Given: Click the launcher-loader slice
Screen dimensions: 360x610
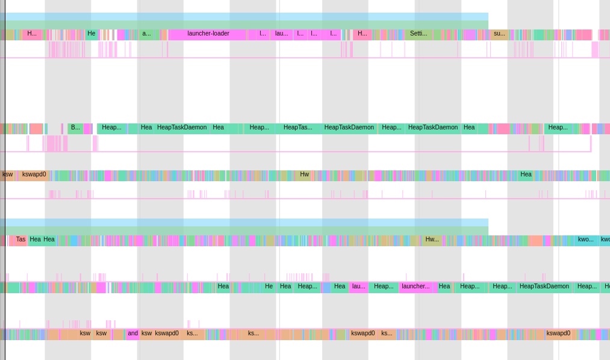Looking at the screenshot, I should [x=208, y=34].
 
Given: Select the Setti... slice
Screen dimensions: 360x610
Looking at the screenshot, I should [x=419, y=34].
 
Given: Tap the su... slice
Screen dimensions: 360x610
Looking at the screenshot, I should [x=499, y=34].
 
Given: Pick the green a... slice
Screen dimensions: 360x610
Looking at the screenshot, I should [x=146, y=34].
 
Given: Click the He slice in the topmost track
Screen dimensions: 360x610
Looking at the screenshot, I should [x=92, y=34].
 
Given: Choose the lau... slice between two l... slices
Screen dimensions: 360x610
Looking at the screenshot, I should [x=281, y=34].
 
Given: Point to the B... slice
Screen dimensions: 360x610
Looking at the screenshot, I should [x=75, y=128].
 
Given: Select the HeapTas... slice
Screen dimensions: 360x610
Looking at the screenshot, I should [x=298, y=128].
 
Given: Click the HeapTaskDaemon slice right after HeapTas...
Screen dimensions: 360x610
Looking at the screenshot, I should [x=349, y=128].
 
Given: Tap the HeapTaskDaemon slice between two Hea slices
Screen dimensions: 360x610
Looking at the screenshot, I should [x=182, y=128].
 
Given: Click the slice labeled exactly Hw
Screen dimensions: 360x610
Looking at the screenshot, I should [x=304, y=175].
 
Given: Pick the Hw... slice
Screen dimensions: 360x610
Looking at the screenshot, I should [x=432, y=240].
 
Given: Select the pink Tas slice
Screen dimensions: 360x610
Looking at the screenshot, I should [x=20, y=240].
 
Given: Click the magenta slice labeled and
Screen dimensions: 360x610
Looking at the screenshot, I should [x=132, y=334].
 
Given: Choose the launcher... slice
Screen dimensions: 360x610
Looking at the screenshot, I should [x=416, y=287].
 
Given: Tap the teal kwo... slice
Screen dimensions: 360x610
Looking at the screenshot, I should [x=585, y=240].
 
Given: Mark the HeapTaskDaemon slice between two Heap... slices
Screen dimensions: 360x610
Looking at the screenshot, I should [x=544, y=287].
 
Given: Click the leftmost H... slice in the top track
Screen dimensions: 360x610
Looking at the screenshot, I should [x=32, y=34].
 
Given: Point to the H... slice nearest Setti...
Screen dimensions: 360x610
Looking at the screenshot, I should [x=362, y=34].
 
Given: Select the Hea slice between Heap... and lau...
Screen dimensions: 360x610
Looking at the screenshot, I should [x=339, y=287].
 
